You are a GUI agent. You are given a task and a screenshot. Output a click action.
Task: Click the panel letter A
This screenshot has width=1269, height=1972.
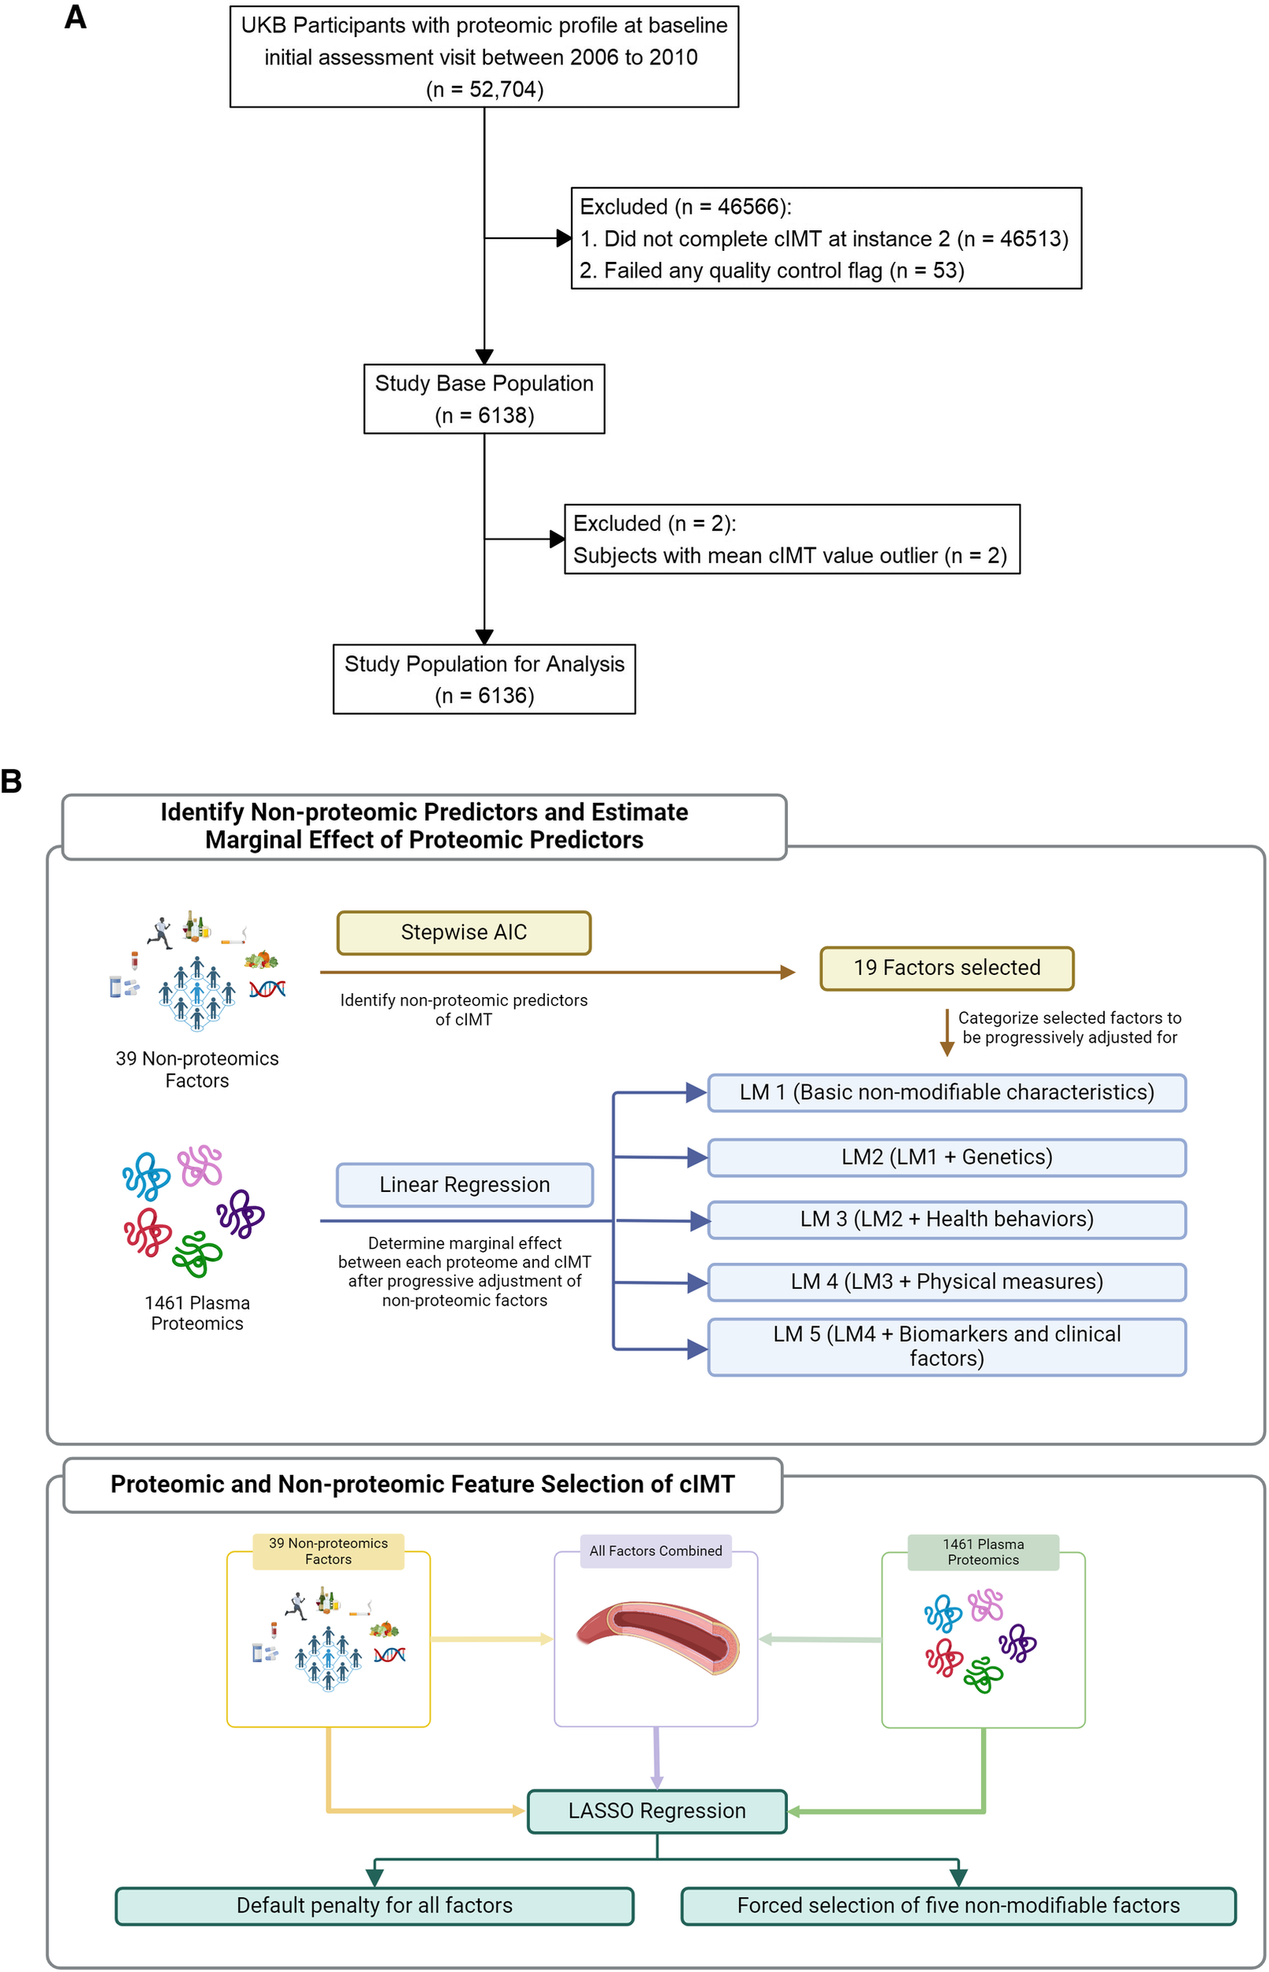[76, 17]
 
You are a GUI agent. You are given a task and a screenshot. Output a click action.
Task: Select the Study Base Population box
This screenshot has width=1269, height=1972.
[483, 399]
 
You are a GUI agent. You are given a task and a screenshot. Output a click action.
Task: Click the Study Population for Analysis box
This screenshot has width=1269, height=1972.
[483, 679]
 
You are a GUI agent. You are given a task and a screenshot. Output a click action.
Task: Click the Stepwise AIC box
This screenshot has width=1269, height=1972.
[463, 932]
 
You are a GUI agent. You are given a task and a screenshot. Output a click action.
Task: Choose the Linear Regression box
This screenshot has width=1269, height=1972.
[464, 1184]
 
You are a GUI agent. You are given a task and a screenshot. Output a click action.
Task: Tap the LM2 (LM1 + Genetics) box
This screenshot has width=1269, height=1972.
[946, 1157]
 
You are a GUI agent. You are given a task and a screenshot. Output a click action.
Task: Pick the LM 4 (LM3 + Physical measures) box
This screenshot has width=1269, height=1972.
[946, 1282]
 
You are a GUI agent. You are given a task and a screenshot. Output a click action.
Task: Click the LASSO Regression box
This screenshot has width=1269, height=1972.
[657, 1810]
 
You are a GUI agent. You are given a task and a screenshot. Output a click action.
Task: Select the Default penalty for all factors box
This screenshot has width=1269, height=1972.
[374, 1905]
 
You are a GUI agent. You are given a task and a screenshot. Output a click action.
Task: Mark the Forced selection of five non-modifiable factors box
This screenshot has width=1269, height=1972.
[957, 1905]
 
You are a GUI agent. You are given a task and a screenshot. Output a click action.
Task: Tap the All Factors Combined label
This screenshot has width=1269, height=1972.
[655, 1550]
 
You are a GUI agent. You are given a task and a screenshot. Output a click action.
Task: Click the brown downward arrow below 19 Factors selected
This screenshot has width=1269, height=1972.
[946, 1032]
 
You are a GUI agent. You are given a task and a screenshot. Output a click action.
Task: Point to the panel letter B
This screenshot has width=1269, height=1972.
[12, 781]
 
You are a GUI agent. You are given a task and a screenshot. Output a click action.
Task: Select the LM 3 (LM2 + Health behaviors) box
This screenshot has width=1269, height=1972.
[946, 1219]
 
